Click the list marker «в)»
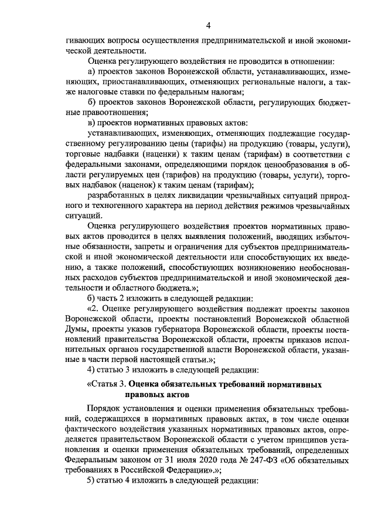tap(91, 122)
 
